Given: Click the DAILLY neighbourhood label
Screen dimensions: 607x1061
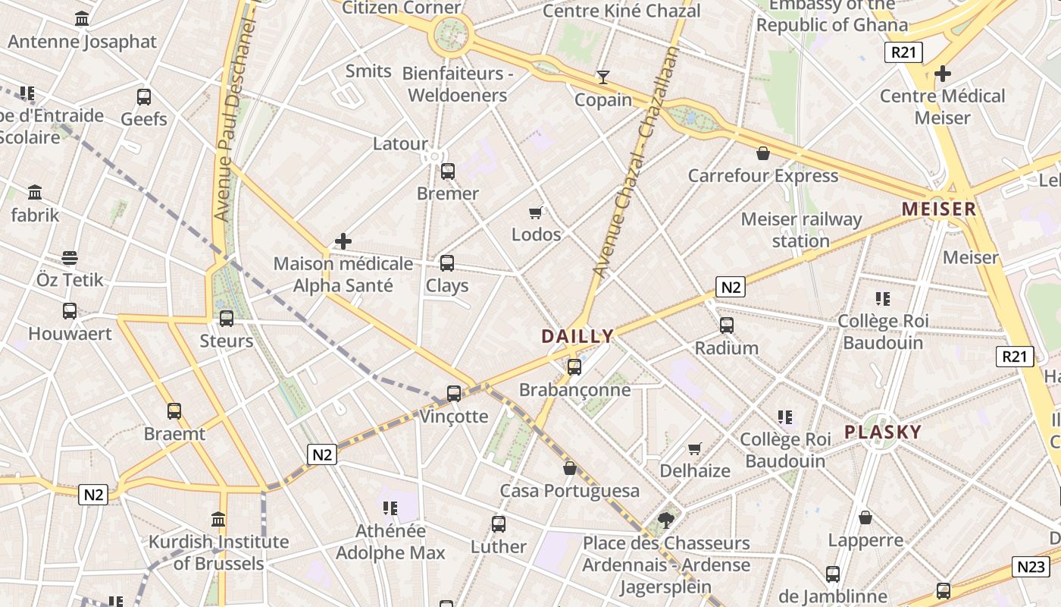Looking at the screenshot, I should point(577,336).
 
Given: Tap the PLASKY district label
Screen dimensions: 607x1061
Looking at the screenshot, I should point(883,432).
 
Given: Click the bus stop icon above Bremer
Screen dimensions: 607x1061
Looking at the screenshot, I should point(448,171).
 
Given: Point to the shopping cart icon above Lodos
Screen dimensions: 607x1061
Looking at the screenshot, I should point(536,212).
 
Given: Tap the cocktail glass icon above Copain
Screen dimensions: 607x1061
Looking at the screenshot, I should point(602,77).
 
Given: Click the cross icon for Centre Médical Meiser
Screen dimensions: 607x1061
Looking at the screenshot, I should point(943,74).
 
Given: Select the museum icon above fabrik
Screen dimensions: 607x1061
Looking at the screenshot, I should point(35,193).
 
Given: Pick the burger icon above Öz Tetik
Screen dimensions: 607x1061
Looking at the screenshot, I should point(70,258).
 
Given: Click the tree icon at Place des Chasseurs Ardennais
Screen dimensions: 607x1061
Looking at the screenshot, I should point(666,520).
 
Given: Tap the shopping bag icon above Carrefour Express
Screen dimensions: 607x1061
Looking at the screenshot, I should point(762,154).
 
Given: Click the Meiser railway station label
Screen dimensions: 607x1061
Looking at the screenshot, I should point(801,230).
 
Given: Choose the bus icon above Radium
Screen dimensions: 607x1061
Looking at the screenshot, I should point(727,326).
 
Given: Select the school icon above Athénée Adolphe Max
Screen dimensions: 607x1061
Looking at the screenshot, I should point(390,508).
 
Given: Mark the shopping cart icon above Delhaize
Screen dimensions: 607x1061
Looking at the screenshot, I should point(694,448).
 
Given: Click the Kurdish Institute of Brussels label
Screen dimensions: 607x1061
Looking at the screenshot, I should point(218,552).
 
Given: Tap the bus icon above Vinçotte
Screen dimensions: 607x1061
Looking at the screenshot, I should point(454,393).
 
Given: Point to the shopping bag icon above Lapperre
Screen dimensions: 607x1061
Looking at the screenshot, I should point(865,518).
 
